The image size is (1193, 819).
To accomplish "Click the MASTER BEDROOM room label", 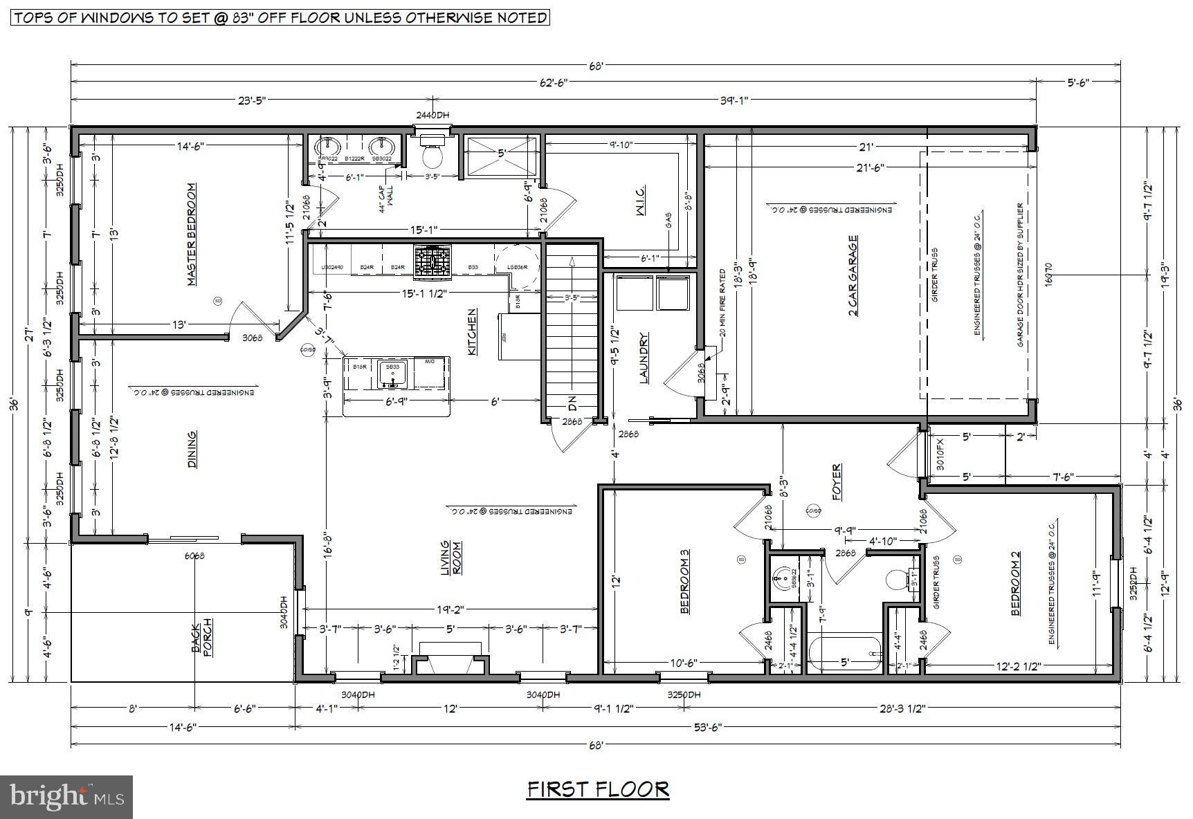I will (192, 234).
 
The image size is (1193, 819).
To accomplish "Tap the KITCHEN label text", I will (472, 332).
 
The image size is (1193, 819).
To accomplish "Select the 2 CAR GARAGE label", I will (853, 276).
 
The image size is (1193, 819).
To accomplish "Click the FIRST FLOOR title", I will (598, 789).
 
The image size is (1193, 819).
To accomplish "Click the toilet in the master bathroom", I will (433, 154).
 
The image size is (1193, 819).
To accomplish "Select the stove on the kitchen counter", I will (432, 261).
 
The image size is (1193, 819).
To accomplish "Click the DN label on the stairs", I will (572, 402).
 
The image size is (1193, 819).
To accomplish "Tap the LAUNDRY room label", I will (644, 358).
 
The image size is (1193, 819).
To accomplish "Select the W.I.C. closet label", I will (640, 201).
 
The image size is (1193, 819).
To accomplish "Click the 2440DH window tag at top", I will (433, 116).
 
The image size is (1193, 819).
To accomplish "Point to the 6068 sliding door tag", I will (194, 555).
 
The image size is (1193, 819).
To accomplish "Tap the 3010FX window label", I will (939, 455).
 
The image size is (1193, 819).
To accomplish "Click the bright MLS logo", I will (67, 796).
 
